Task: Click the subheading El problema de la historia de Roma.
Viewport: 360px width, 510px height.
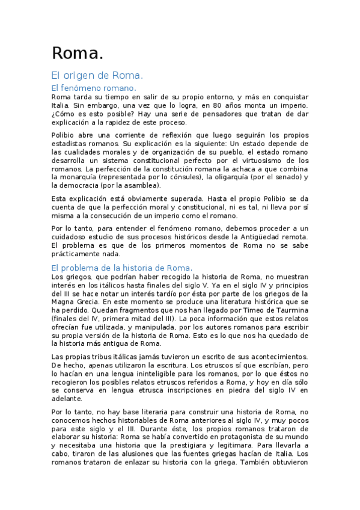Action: [121, 267]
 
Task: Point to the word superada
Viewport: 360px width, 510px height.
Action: [177, 198]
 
